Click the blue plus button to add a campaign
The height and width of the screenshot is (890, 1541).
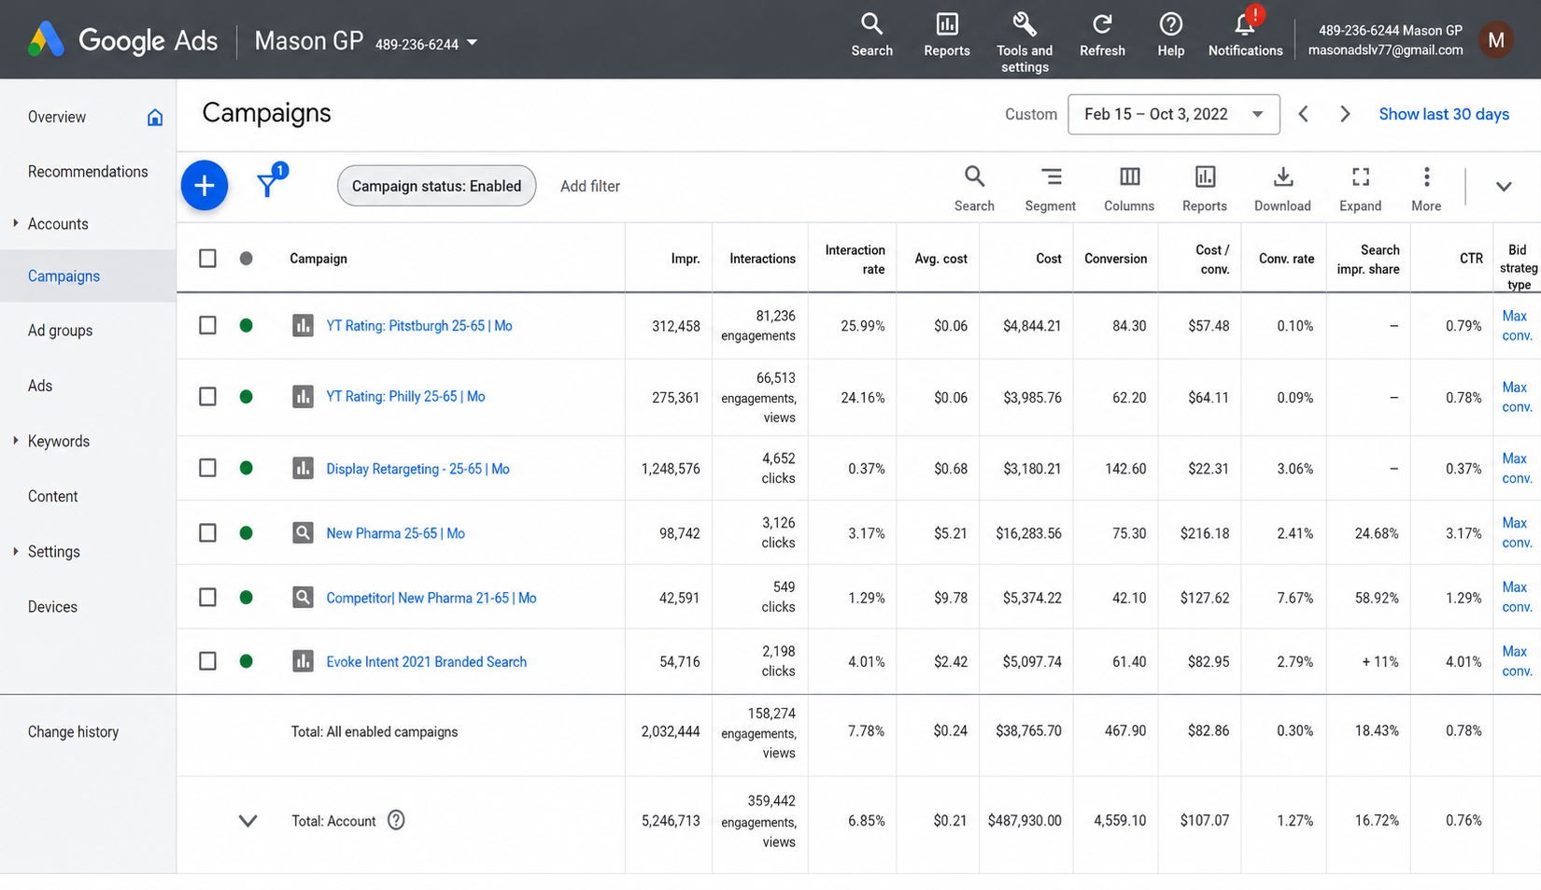pos(205,186)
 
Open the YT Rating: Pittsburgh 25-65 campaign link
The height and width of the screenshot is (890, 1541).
pos(419,325)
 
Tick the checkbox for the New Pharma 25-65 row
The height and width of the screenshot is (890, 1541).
pos(207,532)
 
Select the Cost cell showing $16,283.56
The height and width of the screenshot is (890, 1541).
pos(1028,533)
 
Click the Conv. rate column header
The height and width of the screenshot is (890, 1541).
pos(1286,259)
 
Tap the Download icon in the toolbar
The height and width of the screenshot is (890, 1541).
pos(1282,177)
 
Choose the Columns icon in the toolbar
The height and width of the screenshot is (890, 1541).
pos(1129,177)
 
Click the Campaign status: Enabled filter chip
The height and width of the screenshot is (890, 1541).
pos(436,186)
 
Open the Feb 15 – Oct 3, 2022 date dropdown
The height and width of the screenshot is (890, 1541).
pos(1174,114)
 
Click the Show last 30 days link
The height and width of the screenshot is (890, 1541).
pos(1444,114)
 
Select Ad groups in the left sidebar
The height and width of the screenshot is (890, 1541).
pos(60,331)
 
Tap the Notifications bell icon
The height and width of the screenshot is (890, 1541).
pos(1244,25)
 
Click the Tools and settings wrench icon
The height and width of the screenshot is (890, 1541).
pos(1025,24)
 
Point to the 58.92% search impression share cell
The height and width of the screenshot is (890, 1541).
pos(1377,598)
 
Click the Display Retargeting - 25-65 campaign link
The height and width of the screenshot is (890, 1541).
pos(417,469)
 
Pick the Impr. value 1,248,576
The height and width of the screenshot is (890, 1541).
pos(670,469)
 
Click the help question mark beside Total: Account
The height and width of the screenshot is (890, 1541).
pos(396,820)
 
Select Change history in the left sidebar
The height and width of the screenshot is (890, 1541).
pos(73,732)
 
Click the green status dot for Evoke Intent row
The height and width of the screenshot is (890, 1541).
pos(246,661)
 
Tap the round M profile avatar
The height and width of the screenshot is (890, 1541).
pos(1495,40)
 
